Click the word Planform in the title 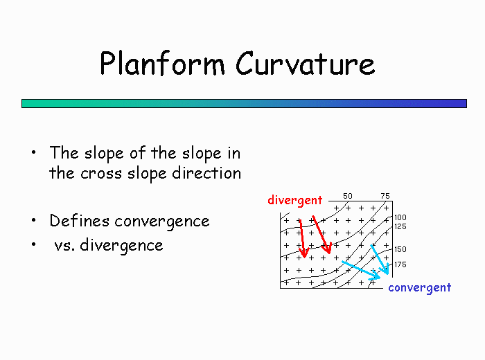[x=162, y=64]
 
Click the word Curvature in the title [x=306, y=64]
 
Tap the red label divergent [x=295, y=201]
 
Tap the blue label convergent [x=420, y=288]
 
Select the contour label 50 [x=348, y=196]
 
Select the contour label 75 [x=385, y=196]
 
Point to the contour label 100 [x=400, y=217]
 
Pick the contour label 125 [x=400, y=226]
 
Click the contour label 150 [x=400, y=249]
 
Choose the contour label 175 [x=400, y=264]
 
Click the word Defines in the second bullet [x=79, y=221]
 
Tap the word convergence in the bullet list [x=162, y=222]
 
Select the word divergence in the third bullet [x=121, y=246]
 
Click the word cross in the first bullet [x=101, y=174]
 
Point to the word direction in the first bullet [x=206, y=173]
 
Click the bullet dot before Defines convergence [x=34, y=220]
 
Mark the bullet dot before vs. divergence [x=34, y=244]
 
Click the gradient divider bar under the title [x=244, y=104]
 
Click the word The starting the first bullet [x=64, y=152]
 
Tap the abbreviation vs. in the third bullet [x=64, y=246]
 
